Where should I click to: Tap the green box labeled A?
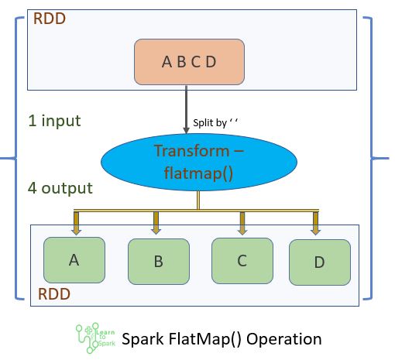pyautogui.click(x=74, y=260)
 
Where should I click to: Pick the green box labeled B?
pyautogui.click(x=158, y=262)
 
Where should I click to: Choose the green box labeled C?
pyautogui.click(x=242, y=261)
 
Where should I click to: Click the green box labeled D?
pyautogui.click(x=319, y=262)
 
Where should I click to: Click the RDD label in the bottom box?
pyautogui.click(x=53, y=294)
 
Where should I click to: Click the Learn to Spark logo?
pyautogui.click(x=95, y=338)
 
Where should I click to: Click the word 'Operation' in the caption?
pyautogui.click(x=283, y=338)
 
